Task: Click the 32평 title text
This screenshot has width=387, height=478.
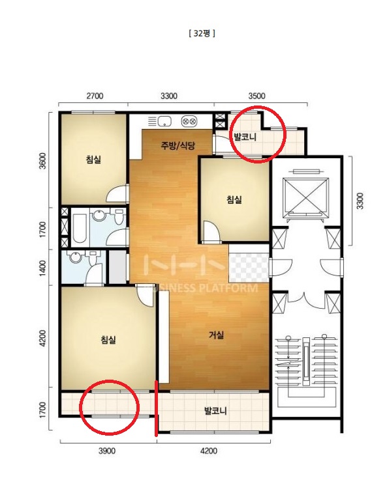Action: (x=202, y=33)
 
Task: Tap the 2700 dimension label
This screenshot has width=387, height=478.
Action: (x=95, y=96)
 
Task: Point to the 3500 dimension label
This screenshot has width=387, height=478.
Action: (x=256, y=96)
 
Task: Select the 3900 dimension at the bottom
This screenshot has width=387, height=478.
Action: (x=107, y=451)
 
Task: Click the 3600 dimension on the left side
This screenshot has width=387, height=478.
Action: (x=43, y=161)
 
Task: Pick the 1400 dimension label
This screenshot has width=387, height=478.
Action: (x=43, y=268)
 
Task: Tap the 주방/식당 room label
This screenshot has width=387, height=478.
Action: (x=178, y=145)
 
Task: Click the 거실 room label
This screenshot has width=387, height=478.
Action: (x=216, y=335)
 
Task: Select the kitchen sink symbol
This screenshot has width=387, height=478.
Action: (x=164, y=121)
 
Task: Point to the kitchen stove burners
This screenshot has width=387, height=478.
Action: (x=189, y=121)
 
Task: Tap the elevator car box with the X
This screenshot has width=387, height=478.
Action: (x=306, y=195)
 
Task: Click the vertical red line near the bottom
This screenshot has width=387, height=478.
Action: (x=157, y=408)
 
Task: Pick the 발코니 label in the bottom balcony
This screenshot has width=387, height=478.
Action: (x=215, y=411)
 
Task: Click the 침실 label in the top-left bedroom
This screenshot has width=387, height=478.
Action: (x=93, y=159)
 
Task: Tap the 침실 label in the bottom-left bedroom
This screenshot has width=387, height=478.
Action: (x=108, y=339)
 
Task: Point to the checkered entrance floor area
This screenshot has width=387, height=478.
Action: (x=249, y=263)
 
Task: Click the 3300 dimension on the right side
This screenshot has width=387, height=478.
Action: (x=360, y=201)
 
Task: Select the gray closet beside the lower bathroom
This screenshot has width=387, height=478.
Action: (x=117, y=267)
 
